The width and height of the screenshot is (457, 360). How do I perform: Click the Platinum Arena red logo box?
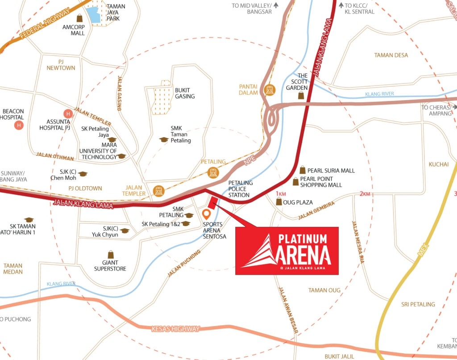[287, 251]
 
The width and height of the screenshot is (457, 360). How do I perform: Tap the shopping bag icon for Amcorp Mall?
[80, 18]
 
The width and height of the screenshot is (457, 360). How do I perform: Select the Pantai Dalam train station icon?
[269, 90]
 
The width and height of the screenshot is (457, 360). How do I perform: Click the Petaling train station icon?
[213, 172]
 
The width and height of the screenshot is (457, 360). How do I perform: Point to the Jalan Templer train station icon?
[158, 191]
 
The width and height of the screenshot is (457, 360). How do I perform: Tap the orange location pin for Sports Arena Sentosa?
[206, 214]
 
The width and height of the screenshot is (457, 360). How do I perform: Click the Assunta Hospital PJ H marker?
[68, 113]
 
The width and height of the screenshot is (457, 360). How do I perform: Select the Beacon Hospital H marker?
[19, 125]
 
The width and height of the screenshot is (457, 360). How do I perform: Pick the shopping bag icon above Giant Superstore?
[110, 254]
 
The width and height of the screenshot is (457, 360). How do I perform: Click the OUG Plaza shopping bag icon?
[279, 202]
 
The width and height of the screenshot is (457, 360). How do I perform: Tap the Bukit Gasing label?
[185, 93]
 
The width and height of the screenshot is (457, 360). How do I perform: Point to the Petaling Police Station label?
[241, 189]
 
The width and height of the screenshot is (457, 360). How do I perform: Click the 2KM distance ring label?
[365, 194]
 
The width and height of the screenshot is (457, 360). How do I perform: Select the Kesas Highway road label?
[176, 329]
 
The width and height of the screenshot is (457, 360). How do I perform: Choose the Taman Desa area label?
[391, 55]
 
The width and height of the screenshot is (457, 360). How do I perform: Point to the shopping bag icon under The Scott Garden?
[302, 95]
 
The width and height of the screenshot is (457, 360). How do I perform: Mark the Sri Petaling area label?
[418, 304]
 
